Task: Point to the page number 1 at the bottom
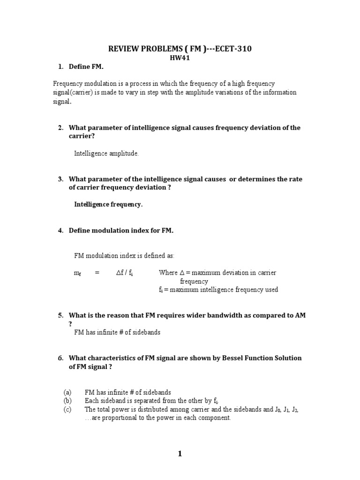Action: point(180,454)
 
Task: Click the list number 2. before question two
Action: point(60,127)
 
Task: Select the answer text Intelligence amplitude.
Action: point(106,153)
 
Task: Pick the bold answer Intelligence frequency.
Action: point(108,204)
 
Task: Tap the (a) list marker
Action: point(67,392)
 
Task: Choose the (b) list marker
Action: point(67,401)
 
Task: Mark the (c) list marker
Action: point(67,409)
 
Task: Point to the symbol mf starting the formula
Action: point(77,273)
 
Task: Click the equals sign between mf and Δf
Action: point(97,273)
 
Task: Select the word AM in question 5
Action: point(300,315)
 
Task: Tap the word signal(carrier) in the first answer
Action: point(73,92)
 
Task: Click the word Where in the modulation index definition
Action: point(168,273)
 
